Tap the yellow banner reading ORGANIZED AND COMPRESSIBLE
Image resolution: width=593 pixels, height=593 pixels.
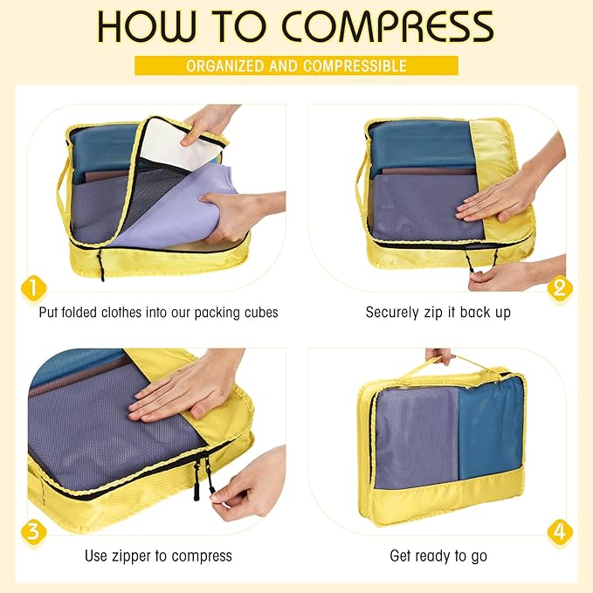click(296, 66)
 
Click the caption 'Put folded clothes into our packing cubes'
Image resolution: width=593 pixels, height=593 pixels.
click(158, 312)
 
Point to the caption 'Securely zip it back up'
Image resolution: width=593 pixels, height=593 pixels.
click(438, 312)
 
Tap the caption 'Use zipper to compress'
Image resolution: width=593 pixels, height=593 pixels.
click(158, 555)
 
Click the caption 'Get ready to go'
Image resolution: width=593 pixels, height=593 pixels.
click(438, 555)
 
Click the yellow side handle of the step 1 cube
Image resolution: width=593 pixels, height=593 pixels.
click(61, 188)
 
